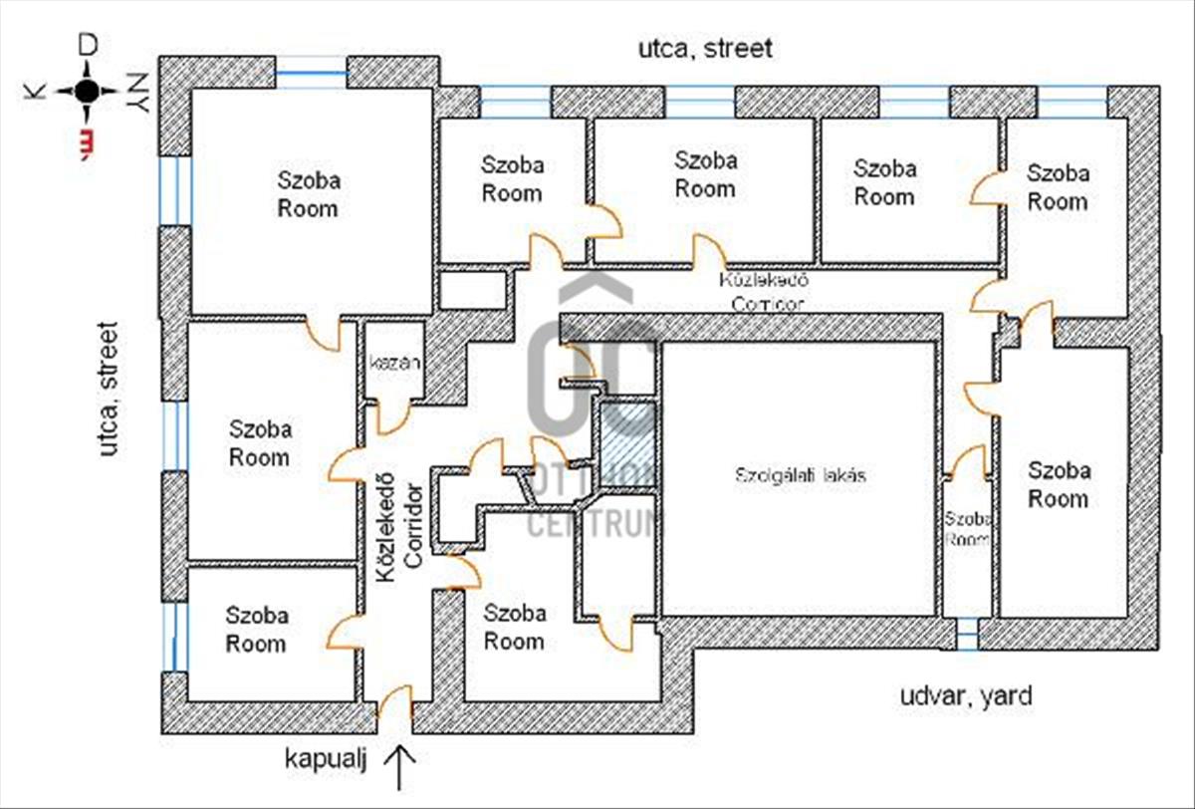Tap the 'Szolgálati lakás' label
point(801,475)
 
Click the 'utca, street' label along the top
point(706,48)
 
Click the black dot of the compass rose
point(87,91)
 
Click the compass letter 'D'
point(89,44)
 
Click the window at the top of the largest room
point(311,76)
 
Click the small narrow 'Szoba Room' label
point(967,528)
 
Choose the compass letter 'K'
point(36,91)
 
